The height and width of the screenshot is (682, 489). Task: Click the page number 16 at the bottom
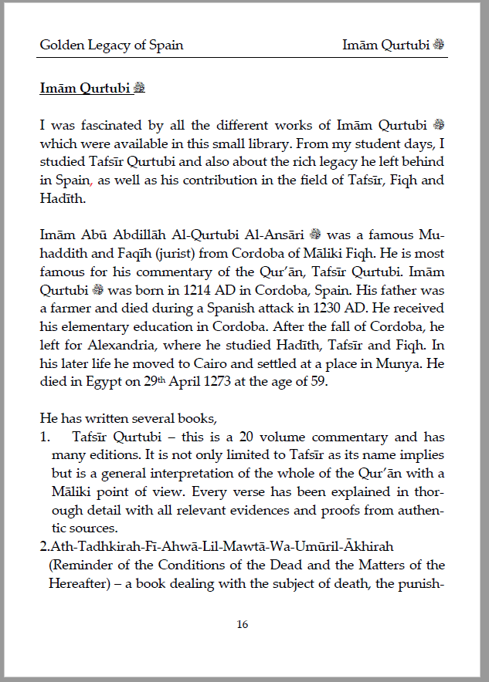[x=243, y=625]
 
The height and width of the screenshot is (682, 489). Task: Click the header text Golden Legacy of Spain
[x=111, y=45]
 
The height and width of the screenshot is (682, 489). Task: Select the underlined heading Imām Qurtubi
[x=87, y=88]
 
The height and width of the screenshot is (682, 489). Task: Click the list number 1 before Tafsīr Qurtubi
[x=44, y=437]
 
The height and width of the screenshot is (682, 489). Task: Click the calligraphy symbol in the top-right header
[x=439, y=45]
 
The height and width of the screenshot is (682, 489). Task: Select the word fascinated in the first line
[x=105, y=125]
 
